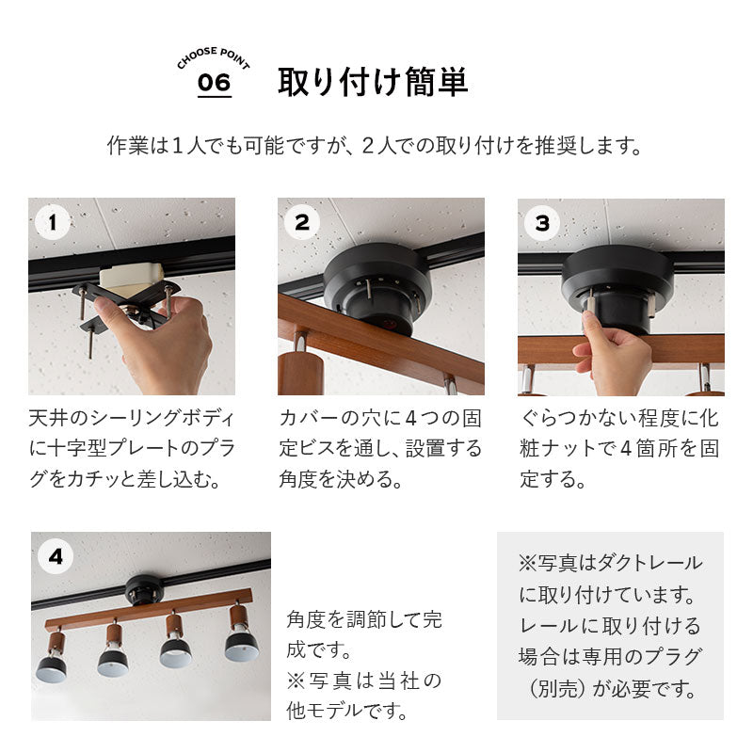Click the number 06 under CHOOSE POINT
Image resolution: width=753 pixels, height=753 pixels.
click(214, 83)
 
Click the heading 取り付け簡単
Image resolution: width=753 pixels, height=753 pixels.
click(373, 83)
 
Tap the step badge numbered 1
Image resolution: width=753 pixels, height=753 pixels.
click(53, 223)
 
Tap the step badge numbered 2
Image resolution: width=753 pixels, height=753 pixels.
click(302, 223)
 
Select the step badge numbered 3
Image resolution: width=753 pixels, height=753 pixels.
click(542, 223)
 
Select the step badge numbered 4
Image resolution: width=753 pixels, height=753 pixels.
click(56, 556)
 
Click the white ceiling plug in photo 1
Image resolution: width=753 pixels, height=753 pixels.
click(132, 276)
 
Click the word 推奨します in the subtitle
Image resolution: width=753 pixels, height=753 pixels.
click(594, 148)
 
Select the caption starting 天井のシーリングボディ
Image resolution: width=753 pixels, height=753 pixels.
click(132, 448)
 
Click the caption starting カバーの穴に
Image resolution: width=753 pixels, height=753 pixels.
click(380, 448)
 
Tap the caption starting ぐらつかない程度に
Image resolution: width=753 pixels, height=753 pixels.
click(621, 448)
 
